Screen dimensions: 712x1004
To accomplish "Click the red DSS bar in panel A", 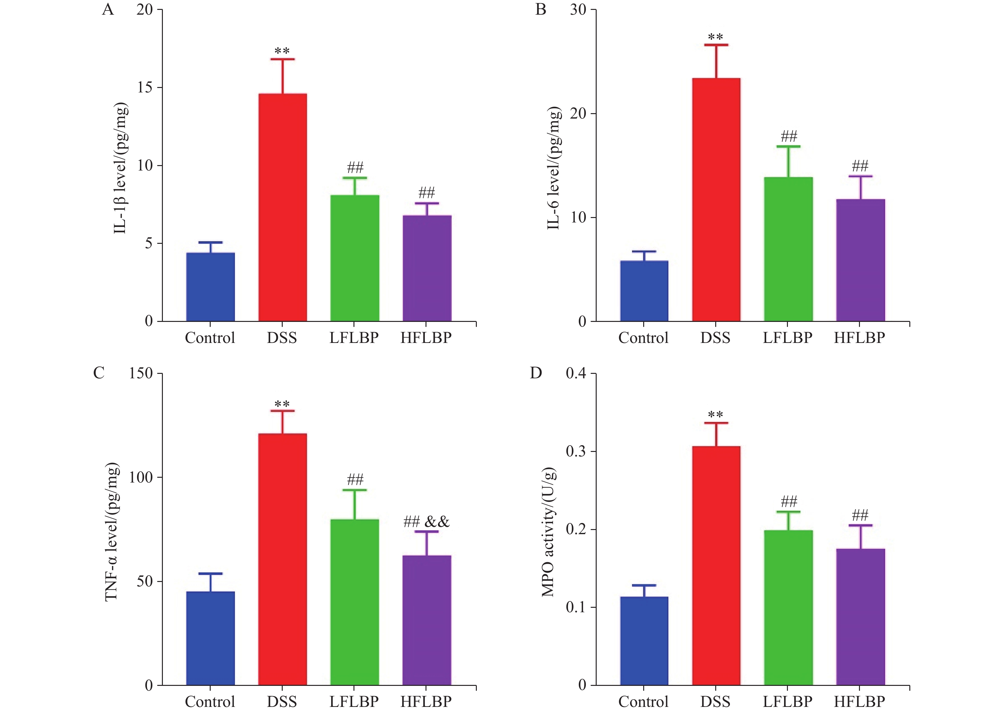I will [x=282, y=207].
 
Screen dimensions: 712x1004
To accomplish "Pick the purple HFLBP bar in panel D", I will [x=860, y=616].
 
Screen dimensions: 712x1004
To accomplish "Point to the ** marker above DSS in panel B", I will [x=716, y=37].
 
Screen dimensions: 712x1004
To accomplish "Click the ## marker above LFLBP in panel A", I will [x=355, y=167].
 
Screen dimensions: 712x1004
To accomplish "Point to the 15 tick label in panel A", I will [x=145, y=87].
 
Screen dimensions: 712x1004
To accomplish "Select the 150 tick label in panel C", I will [x=140, y=373].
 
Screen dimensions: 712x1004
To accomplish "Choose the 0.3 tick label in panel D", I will [x=575, y=451].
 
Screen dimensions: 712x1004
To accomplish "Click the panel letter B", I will [x=541, y=10].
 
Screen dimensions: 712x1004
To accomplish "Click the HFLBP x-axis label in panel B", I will [x=859, y=338].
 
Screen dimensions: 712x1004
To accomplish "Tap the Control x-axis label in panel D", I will [x=643, y=701].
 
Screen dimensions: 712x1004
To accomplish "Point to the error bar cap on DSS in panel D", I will [x=716, y=423].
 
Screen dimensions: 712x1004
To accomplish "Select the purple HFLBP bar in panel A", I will [x=426, y=268].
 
